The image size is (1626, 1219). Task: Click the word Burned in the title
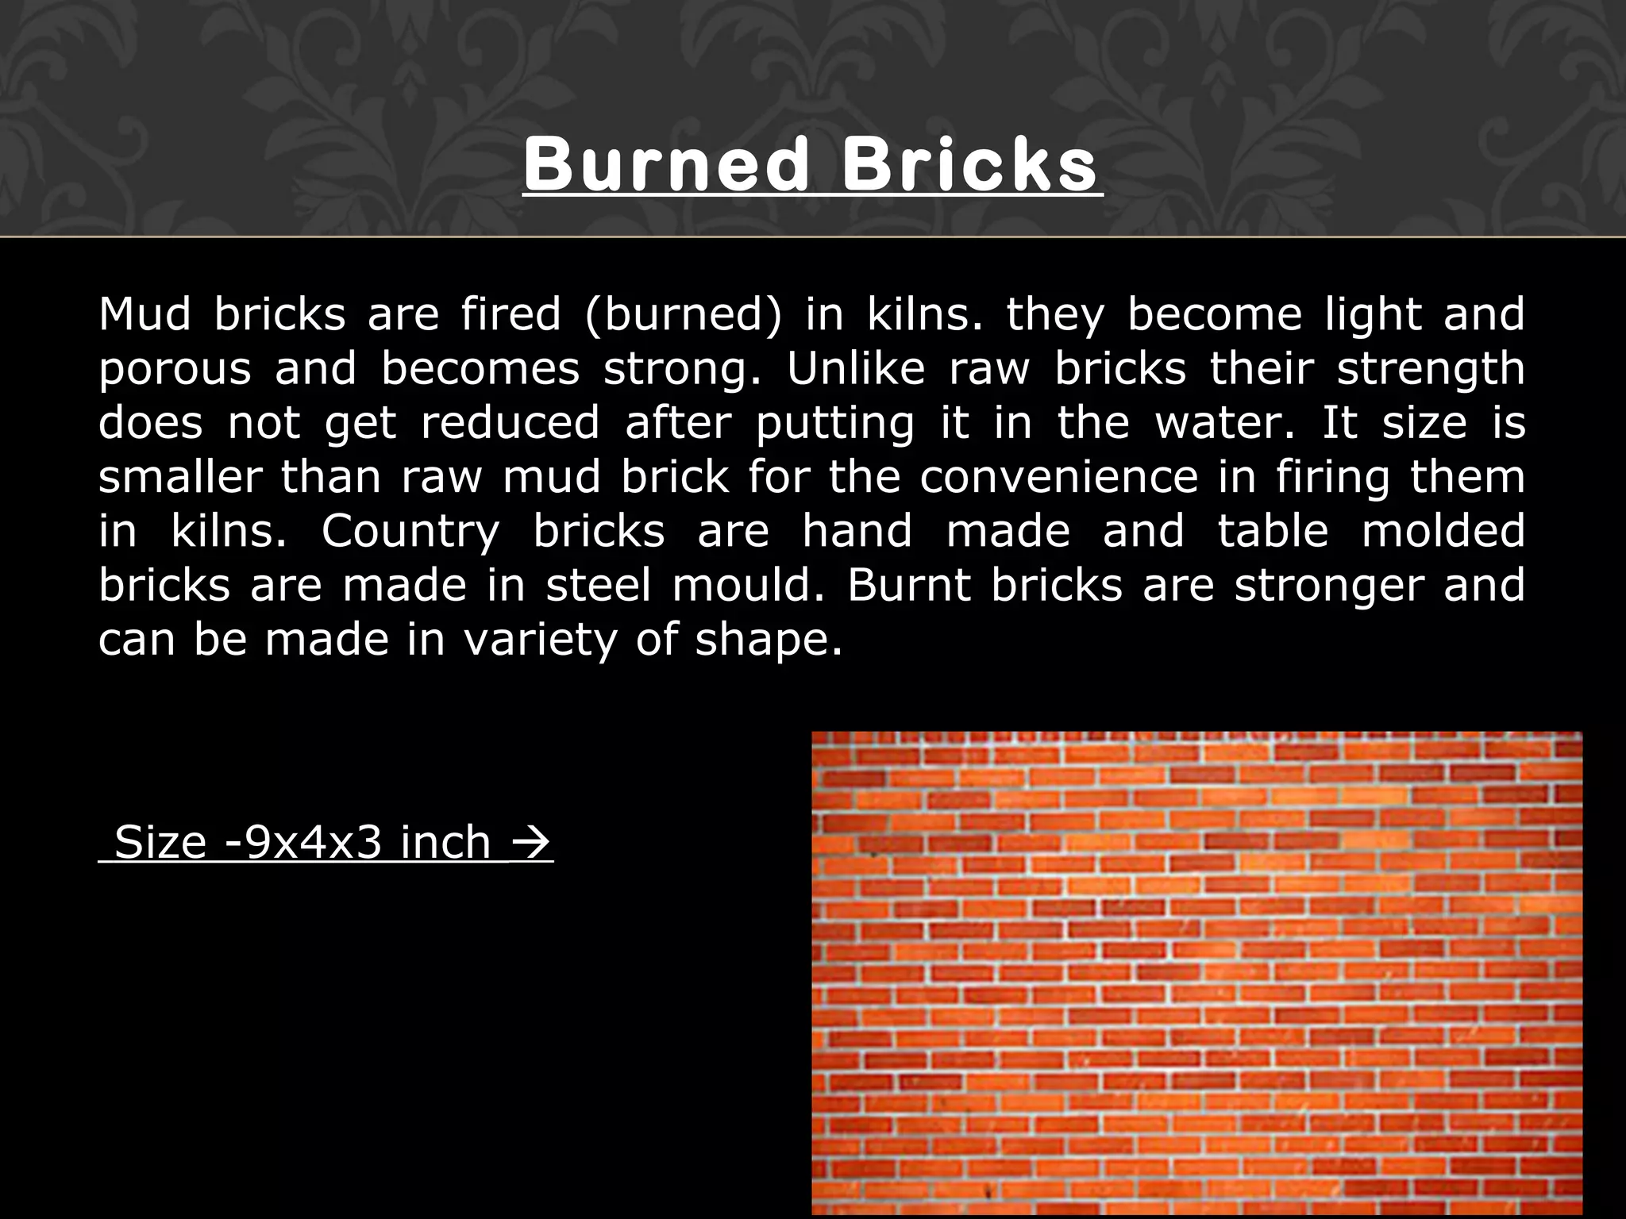tap(665, 165)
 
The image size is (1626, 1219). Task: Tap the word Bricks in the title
tap(970, 165)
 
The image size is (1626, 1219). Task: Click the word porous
tap(175, 370)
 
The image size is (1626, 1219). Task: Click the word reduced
tap(510, 422)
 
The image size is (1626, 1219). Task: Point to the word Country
tap(410, 532)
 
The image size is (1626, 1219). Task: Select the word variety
tap(540, 640)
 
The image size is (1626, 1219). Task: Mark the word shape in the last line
tap(767, 640)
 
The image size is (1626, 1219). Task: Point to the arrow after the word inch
tap(530, 842)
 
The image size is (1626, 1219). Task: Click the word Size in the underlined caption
tap(160, 842)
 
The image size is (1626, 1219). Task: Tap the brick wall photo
tap(1196, 975)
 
